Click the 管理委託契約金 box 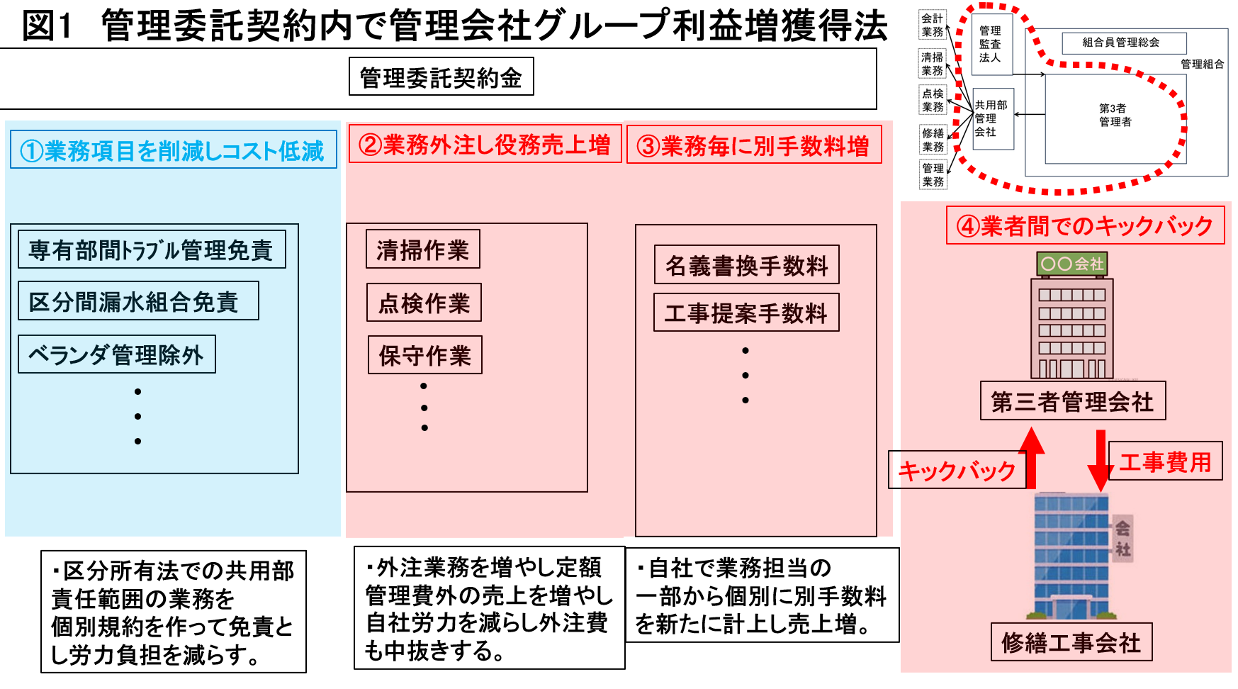pyautogui.click(x=441, y=77)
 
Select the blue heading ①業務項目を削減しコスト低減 pyautogui.click(x=173, y=150)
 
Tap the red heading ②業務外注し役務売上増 pyautogui.click(x=485, y=145)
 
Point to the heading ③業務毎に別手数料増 pyautogui.click(x=754, y=145)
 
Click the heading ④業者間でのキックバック pyautogui.click(x=1085, y=225)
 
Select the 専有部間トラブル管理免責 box pyautogui.click(x=152, y=250)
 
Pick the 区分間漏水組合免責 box pyautogui.click(x=138, y=301)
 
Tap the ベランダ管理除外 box pyautogui.click(x=117, y=354)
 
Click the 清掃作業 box pyautogui.click(x=423, y=250)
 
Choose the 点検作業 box pyautogui.click(x=424, y=303)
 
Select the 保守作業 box pyautogui.click(x=424, y=355)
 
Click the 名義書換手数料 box pyautogui.click(x=747, y=265)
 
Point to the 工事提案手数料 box pyautogui.click(x=746, y=313)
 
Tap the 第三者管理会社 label pyautogui.click(x=1072, y=401)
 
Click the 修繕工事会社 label pyautogui.click(x=1071, y=642)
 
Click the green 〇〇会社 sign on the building pyautogui.click(x=1071, y=264)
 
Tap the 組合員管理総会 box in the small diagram pyautogui.click(x=1124, y=43)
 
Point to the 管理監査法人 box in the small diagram pyautogui.click(x=990, y=44)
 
